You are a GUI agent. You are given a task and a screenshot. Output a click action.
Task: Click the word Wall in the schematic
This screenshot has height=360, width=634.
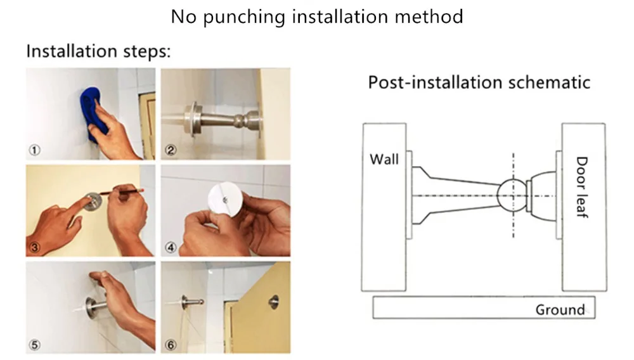coord(384,159)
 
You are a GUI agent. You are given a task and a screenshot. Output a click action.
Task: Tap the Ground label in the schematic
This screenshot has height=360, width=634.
coord(560,310)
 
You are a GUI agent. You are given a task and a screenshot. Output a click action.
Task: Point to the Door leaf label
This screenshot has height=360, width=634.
coord(581,187)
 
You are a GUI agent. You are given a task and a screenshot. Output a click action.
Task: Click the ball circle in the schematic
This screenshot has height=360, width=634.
coord(513,196)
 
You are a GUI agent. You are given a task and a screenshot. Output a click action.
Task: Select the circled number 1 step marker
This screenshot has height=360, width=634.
coord(34,150)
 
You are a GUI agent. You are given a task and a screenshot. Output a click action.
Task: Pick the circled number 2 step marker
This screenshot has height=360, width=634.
coord(171,150)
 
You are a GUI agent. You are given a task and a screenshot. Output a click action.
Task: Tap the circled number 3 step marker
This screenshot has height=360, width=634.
coord(34,247)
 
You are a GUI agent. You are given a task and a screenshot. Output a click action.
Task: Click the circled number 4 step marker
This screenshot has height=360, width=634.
coord(171,247)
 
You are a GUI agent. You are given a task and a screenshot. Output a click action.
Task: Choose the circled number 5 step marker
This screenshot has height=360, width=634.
coord(34,345)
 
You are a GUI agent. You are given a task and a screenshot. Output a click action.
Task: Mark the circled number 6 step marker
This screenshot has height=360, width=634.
coord(171,345)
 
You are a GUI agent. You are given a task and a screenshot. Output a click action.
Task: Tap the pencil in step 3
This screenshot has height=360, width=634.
coord(122,191)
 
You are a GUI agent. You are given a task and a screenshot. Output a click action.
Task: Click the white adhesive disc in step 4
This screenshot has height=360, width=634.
coord(225,199)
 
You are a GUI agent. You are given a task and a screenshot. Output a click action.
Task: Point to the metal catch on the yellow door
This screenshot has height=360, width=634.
coord(274,302)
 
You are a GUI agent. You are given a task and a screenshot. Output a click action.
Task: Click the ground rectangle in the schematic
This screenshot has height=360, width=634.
coord(484,307)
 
